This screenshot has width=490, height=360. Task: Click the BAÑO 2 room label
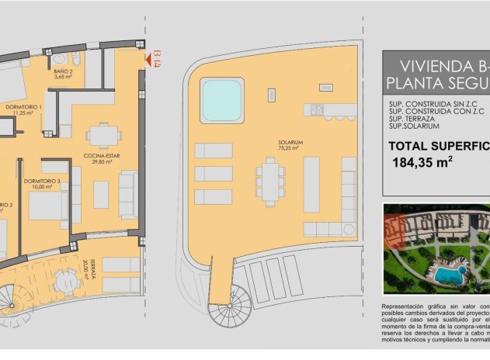pos(64,72)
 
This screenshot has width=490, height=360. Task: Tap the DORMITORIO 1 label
pos(24,106)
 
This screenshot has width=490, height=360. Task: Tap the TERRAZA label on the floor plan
pos(91,274)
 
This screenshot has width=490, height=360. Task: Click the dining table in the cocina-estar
pos(103,136)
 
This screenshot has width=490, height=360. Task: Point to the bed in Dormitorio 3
pos(46,205)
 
